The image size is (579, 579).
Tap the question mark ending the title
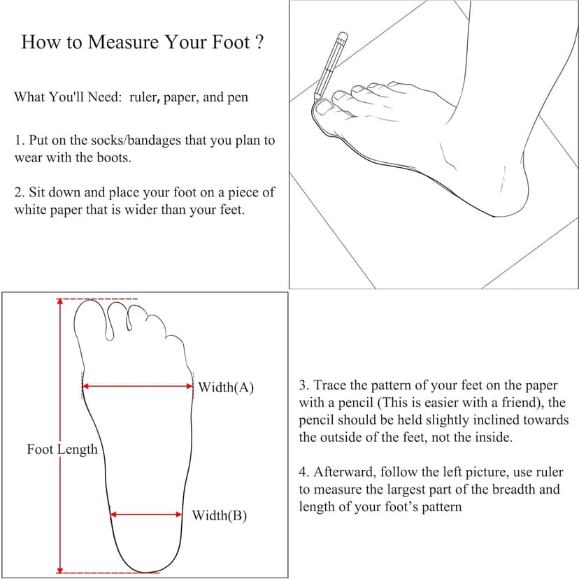pyautogui.click(x=259, y=42)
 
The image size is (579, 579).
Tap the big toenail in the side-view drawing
pyautogui.click(x=324, y=108)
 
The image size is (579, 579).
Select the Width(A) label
pyautogui.click(x=226, y=387)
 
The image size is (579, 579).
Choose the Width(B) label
pyautogui.click(x=220, y=515)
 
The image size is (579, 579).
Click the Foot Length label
pyautogui.click(x=62, y=449)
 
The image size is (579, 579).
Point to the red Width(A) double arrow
pyautogui.click(x=137, y=386)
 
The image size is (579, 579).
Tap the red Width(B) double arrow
pyautogui.click(x=146, y=515)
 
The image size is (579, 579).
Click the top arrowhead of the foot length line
pyautogui.click(x=60, y=301)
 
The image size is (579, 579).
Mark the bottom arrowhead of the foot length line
pyautogui.click(x=60, y=569)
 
